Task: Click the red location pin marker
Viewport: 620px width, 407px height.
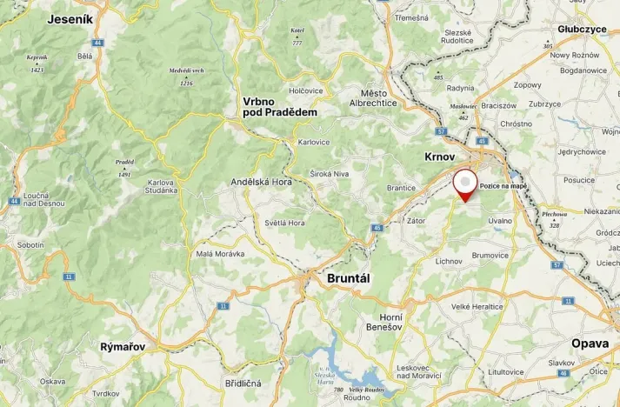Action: click(x=466, y=184)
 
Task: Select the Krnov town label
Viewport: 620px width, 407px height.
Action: click(x=440, y=157)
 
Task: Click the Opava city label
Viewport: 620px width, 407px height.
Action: click(x=590, y=344)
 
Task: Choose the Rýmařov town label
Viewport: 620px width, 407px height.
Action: click(x=122, y=346)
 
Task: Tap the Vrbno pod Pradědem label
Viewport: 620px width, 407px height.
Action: click(x=279, y=107)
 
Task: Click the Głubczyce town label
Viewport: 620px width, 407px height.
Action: click(x=583, y=29)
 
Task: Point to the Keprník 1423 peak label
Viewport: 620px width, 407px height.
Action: click(x=37, y=63)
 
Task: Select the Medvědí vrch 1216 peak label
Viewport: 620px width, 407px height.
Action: click(x=186, y=77)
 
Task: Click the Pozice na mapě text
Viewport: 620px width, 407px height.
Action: click(x=503, y=186)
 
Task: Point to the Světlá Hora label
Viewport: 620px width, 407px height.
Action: click(x=284, y=223)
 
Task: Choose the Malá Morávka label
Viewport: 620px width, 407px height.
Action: click(x=220, y=253)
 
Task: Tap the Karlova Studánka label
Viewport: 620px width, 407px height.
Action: click(x=161, y=186)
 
